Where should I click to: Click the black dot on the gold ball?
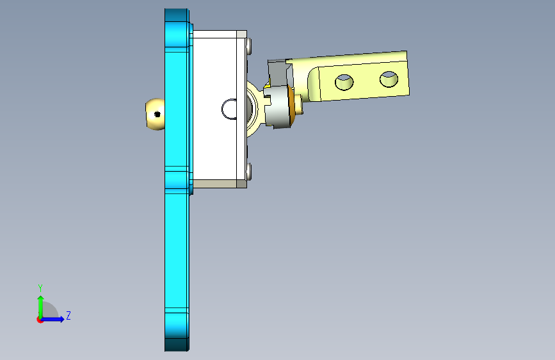157,114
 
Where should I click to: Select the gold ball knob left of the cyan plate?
156,114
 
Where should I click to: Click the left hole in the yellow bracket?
344,82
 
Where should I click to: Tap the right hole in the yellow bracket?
389,79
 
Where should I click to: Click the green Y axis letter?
40,288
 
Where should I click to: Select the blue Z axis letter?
68,315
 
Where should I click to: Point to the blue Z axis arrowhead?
61,319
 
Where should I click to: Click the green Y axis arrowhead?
41,299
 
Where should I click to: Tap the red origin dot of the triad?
40,320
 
